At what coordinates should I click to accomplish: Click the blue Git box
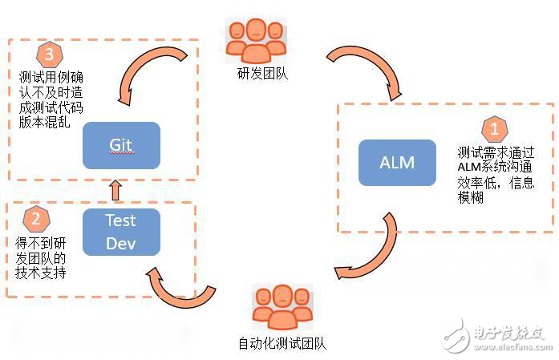pos(121,145)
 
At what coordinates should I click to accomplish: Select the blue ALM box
pos(397,163)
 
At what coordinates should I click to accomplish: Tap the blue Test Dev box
pos(121,232)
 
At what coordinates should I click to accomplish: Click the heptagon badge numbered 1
pos(495,128)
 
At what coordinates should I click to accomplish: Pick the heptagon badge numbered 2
pos(36,219)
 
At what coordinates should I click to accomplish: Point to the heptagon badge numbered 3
pos(50,55)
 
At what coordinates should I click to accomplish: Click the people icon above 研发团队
pos(256,40)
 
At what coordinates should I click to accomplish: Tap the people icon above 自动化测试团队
pos(283,307)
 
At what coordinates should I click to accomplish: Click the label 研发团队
pos(262,74)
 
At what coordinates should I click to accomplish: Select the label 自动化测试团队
pos(282,344)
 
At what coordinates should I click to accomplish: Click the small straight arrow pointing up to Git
pos(115,190)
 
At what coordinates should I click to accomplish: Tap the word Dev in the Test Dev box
pos(121,244)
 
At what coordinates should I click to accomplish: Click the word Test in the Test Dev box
pos(120,220)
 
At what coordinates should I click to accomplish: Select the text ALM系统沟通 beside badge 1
pos(495,167)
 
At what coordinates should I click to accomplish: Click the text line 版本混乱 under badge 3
pos(44,122)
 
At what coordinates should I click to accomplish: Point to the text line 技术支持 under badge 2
pos(41,273)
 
